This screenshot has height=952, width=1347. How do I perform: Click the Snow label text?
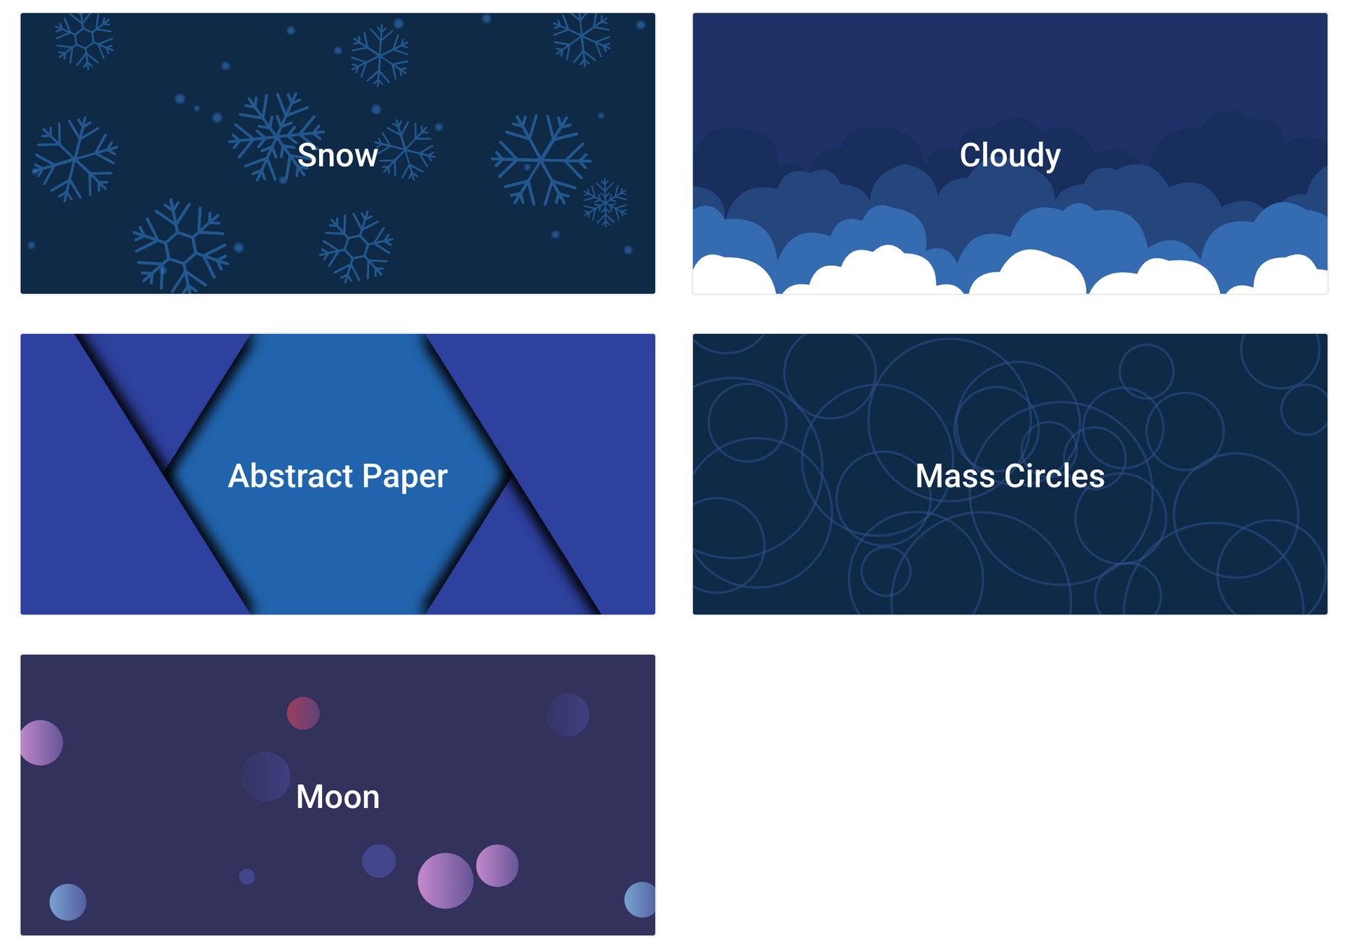click(x=337, y=155)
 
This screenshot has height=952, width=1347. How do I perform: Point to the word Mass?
click(x=955, y=476)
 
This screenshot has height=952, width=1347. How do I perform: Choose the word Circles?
click(x=1054, y=476)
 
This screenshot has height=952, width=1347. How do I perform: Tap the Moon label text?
click(x=337, y=797)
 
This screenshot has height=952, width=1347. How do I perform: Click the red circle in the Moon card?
click(x=303, y=713)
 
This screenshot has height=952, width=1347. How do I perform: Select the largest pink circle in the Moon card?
click(x=445, y=880)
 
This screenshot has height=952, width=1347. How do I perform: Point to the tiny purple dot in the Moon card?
click(x=247, y=876)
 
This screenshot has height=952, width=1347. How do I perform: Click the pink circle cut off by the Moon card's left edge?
click(x=41, y=742)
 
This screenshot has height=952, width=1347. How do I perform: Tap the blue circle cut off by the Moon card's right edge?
click(x=640, y=899)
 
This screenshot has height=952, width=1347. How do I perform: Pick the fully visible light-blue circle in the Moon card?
click(x=68, y=902)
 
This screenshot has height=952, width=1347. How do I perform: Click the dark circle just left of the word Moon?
click(x=266, y=777)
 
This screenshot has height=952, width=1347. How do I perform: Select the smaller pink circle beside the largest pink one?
click(x=497, y=866)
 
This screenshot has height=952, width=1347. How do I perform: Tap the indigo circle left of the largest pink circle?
click(x=379, y=861)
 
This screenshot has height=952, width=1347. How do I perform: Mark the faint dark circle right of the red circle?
click(x=568, y=715)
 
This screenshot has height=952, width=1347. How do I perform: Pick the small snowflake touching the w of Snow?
click(x=406, y=149)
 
